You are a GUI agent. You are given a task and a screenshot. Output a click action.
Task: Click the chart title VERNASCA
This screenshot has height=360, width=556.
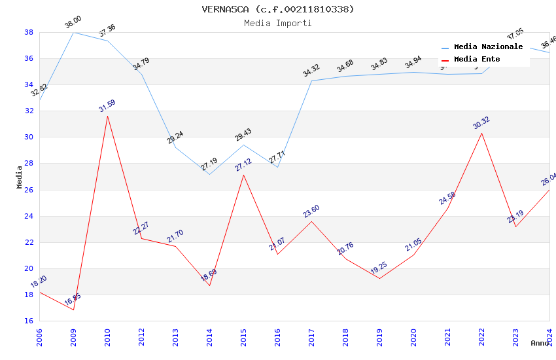[x=278, y=9]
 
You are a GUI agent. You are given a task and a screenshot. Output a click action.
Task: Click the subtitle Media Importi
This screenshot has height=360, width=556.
[x=278, y=23]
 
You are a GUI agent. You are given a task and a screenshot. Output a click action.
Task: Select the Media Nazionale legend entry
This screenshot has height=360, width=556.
[x=488, y=47]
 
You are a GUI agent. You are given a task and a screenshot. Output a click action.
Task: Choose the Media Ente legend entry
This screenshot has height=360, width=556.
[x=477, y=60]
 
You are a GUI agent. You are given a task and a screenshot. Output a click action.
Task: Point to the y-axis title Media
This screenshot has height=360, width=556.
[x=20, y=177]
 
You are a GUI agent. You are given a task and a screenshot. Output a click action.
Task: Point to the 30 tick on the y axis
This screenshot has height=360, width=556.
[x=29, y=137]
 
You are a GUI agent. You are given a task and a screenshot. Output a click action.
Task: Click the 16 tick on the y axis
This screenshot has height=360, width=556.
[x=29, y=321]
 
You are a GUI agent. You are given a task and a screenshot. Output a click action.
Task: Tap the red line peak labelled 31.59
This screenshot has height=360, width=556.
[x=107, y=116]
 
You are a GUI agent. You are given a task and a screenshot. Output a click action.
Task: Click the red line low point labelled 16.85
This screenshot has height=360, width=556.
[x=73, y=310]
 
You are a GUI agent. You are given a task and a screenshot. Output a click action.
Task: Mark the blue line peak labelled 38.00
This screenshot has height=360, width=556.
[x=73, y=32]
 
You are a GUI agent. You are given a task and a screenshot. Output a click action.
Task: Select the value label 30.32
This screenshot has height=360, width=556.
[x=481, y=122]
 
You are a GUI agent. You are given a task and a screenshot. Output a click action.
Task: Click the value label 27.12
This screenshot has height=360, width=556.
[x=243, y=164]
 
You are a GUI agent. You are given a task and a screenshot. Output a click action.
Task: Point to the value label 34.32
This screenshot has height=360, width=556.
[x=311, y=70]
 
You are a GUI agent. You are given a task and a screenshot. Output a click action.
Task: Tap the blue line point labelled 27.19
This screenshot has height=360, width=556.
[x=209, y=174]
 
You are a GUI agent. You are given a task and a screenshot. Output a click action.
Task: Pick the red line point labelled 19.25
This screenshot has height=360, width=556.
[x=379, y=278]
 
